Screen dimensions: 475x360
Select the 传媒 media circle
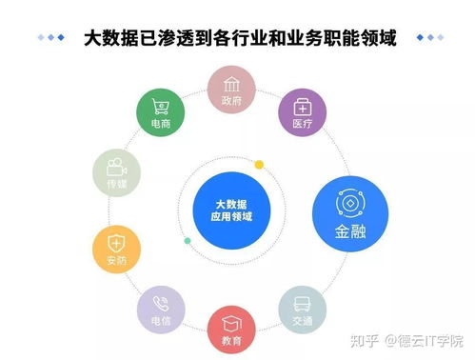click(116, 171)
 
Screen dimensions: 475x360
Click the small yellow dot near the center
click(258, 165)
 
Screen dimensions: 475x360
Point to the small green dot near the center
click(188, 241)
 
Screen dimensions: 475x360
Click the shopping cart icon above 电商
click(160, 106)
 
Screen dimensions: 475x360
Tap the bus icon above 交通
click(303, 303)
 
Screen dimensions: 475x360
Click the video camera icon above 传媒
click(116, 164)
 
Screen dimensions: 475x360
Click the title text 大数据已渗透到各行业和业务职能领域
click(239, 38)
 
